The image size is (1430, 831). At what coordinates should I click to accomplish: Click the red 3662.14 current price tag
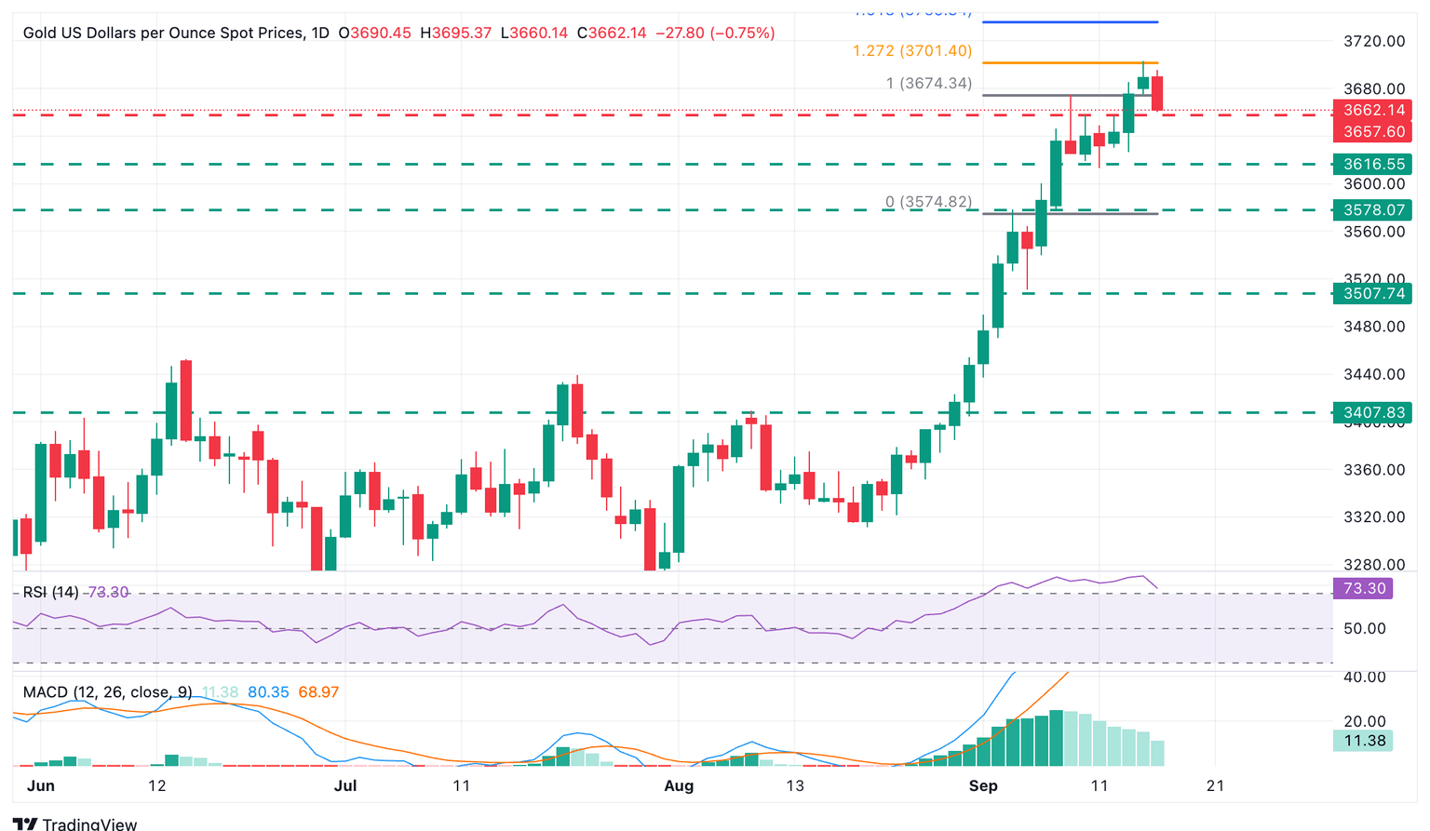click(1373, 110)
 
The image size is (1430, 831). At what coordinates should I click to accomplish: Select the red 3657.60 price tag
click(1373, 132)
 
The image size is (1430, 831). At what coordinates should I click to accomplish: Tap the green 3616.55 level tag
click(1373, 164)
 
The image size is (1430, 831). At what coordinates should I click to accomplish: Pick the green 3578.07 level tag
click(1373, 210)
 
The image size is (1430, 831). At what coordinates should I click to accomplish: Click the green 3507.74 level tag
click(1373, 294)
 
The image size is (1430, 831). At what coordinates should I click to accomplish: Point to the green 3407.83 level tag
click(1373, 412)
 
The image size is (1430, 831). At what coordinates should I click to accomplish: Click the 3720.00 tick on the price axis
click(1374, 41)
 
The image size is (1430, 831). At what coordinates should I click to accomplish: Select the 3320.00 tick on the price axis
click(1374, 517)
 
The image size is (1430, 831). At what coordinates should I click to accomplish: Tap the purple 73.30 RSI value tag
click(1364, 588)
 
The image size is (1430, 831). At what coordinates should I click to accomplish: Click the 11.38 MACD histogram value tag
click(1364, 741)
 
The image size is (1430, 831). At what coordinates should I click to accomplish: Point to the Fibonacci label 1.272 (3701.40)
click(911, 51)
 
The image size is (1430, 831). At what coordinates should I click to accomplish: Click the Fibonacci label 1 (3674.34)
click(928, 84)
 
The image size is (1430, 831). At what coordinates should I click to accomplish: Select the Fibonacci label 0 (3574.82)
click(928, 202)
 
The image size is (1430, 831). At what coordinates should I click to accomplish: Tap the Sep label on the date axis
click(983, 785)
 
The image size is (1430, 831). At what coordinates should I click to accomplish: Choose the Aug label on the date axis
click(679, 785)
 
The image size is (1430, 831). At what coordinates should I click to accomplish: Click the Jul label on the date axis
click(345, 785)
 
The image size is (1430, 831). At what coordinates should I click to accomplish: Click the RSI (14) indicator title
click(51, 592)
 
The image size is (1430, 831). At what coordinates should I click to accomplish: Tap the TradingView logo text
click(89, 824)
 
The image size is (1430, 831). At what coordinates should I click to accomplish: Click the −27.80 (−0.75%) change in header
click(715, 33)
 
